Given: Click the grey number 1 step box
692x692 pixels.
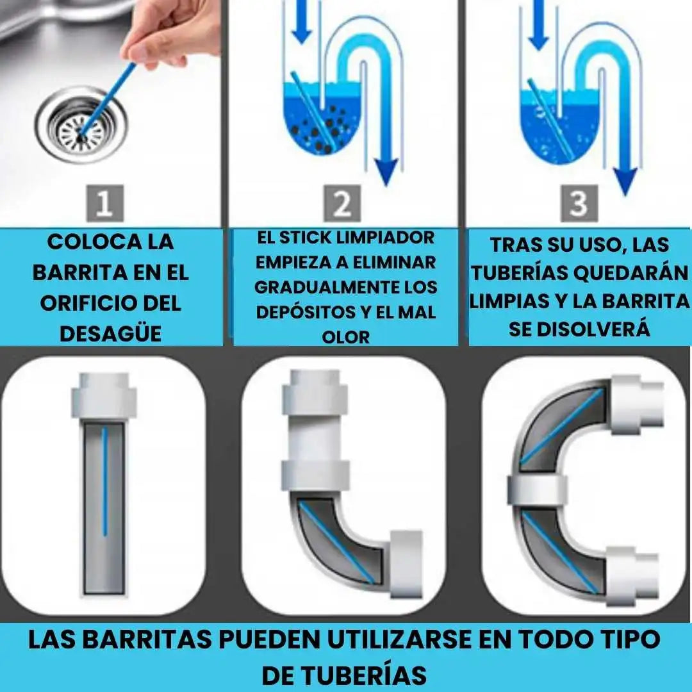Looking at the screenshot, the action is click(104, 203).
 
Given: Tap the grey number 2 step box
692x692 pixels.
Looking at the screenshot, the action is click(342, 203).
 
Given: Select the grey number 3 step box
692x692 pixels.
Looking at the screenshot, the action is click(579, 203).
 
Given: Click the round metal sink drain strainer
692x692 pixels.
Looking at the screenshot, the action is click(81, 125).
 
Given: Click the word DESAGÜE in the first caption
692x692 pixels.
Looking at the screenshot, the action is click(110, 334).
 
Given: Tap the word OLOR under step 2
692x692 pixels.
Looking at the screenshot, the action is click(345, 338).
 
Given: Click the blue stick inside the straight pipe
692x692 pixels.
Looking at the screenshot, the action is click(104, 482).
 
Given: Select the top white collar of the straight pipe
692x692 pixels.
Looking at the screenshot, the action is click(104, 395).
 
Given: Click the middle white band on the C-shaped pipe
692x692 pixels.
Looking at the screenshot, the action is click(537, 491).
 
